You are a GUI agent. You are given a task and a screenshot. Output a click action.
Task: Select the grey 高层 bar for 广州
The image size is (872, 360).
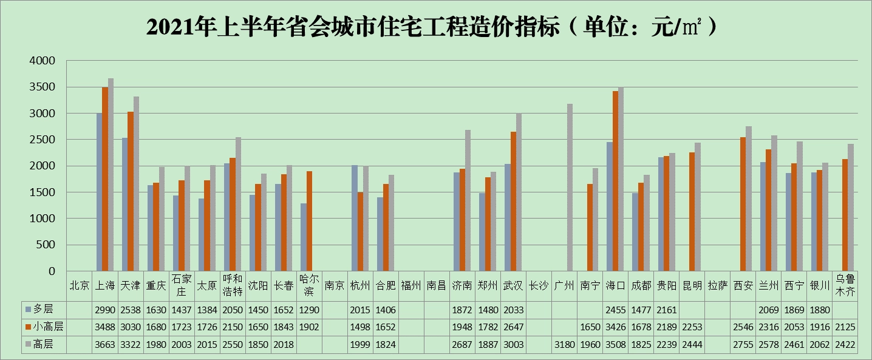click(x=570, y=188)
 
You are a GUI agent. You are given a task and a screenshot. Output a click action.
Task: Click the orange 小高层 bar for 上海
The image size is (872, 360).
click(x=105, y=179)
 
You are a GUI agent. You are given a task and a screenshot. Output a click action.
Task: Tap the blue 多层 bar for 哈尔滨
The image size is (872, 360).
click(x=303, y=237)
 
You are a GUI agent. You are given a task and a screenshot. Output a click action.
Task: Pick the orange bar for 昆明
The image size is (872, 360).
click(x=692, y=212)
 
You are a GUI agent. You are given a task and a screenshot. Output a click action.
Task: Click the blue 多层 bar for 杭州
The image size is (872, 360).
click(x=354, y=218)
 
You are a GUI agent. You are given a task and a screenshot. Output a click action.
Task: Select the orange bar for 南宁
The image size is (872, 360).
click(x=590, y=228)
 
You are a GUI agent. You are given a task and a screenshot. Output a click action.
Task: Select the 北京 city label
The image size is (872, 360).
click(x=80, y=285)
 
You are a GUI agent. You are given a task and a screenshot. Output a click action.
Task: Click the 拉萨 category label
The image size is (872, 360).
click(x=717, y=285)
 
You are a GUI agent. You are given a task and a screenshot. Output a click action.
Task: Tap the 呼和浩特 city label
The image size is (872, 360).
click(x=233, y=285)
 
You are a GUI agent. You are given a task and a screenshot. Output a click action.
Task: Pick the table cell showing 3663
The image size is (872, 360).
click(x=105, y=344)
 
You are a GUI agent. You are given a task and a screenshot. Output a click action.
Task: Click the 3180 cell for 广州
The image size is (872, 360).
click(x=564, y=344)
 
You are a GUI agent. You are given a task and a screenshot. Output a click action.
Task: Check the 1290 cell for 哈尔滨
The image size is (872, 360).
click(x=309, y=310)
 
